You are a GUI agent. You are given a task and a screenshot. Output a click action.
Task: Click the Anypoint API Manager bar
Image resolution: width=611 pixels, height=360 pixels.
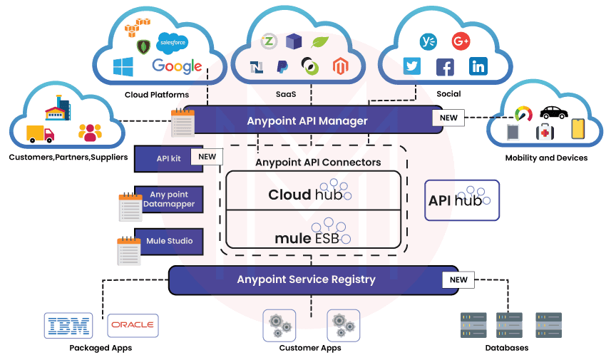[307, 120]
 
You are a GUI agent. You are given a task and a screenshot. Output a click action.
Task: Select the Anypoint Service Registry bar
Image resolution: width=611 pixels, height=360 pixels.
[306, 279]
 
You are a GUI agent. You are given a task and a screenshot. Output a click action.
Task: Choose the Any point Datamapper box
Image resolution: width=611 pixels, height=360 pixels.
[168, 199]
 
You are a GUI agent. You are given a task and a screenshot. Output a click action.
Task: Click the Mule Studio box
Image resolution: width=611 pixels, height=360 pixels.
[168, 241]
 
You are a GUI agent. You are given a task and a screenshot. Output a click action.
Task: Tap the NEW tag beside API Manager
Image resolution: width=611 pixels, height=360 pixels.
[448, 118]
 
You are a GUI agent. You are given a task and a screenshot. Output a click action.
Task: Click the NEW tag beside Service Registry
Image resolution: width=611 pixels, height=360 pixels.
[458, 279]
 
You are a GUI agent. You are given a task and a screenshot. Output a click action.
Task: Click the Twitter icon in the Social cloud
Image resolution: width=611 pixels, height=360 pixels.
[411, 66]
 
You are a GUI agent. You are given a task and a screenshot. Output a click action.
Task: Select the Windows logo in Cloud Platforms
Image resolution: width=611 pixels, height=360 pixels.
[123, 67]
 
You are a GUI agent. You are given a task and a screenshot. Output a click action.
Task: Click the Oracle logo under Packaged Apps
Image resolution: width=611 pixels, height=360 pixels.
[133, 325]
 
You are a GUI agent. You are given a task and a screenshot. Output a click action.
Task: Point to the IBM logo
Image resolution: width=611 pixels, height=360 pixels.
[68, 325]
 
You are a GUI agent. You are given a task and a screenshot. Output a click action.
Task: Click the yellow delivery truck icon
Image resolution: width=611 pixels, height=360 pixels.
[40, 133]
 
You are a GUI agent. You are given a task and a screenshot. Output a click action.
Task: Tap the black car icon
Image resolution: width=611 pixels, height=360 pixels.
[553, 112]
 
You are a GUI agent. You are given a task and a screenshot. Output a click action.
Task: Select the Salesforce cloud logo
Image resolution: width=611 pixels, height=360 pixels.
[171, 42]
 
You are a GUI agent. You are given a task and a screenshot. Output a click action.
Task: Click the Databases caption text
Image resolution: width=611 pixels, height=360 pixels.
[506, 348]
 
